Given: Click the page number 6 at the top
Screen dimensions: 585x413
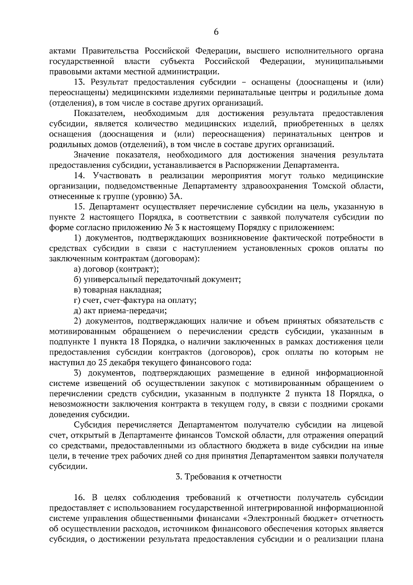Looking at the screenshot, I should pyautogui.click(x=216, y=32).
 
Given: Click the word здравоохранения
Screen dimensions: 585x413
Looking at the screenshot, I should pyautogui.click(x=274, y=186).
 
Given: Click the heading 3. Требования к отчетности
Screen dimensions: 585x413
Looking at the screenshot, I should pyautogui.click(x=229, y=477).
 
